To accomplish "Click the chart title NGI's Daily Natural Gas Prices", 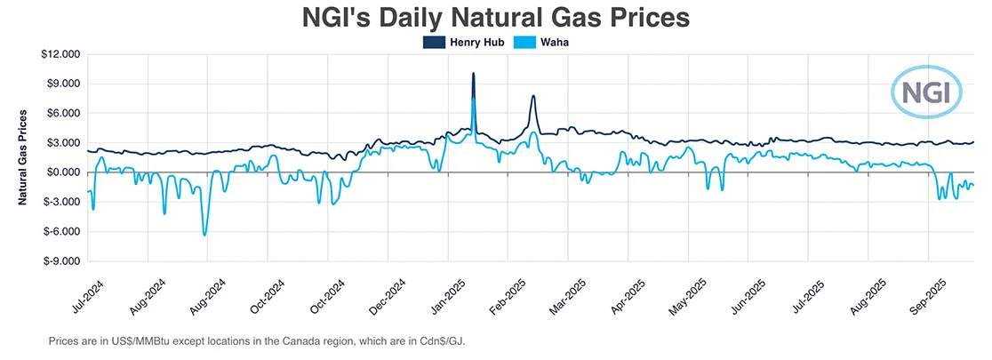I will point(496,18).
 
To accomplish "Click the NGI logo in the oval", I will point(926,92).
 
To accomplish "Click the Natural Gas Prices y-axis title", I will point(25,157).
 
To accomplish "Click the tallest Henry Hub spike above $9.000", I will point(473,74).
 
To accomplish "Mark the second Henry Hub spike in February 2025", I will point(532,96).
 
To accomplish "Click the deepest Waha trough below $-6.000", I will point(204,235).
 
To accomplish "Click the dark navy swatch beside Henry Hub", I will point(434,42).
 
